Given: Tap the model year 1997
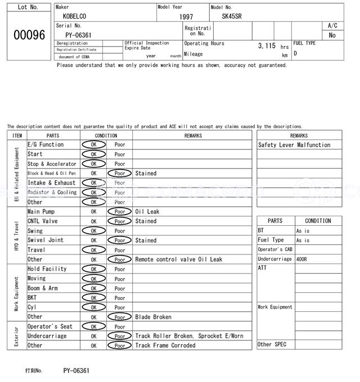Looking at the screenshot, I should [186, 17].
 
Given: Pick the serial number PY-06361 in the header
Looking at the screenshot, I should [74, 35].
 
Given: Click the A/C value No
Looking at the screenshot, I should [332, 35].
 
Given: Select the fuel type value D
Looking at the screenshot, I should [295, 53].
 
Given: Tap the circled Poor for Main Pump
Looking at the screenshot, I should [120, 212].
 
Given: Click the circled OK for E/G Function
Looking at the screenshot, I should [93, 144].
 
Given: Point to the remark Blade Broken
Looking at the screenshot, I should [153, 317].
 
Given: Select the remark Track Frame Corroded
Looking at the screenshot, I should [165, 345].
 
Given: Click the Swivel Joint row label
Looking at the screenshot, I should [46, 240].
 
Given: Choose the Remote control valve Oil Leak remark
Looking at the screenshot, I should [178, 260].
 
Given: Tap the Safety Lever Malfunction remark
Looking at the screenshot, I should [294, 145].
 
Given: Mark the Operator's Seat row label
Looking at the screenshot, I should [51, 326].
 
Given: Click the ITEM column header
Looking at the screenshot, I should [17, 135].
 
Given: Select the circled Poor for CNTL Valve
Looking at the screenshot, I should [120, 221].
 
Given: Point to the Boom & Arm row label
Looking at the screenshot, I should [43, 288].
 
